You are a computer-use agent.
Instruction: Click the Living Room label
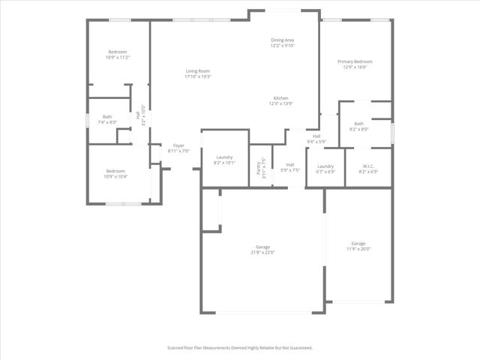[199, 71]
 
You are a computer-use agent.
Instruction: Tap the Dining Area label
[283, 40]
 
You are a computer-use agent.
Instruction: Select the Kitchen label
[281, 98]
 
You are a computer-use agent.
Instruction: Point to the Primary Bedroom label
[355, 61]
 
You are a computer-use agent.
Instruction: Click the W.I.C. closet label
[368, 166]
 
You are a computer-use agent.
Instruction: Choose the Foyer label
[178, 145]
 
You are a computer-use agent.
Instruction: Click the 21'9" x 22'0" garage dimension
[262, 253]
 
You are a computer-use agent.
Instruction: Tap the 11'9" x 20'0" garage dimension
[359, 249]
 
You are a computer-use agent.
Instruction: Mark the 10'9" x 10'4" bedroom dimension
[116, 176]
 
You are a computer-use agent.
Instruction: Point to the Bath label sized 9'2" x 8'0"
[359, 129]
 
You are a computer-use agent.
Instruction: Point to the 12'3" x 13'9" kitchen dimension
[281, 103]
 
